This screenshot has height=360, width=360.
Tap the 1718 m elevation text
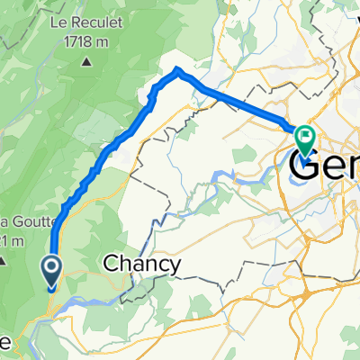(86, 43)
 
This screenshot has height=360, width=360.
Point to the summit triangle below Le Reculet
(86, 61)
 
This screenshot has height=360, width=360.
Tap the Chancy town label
(142, 265)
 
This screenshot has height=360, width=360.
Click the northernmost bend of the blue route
(176, 69)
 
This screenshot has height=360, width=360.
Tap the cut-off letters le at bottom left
(5, 342)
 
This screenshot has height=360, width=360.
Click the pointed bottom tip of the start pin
(51, 288)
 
